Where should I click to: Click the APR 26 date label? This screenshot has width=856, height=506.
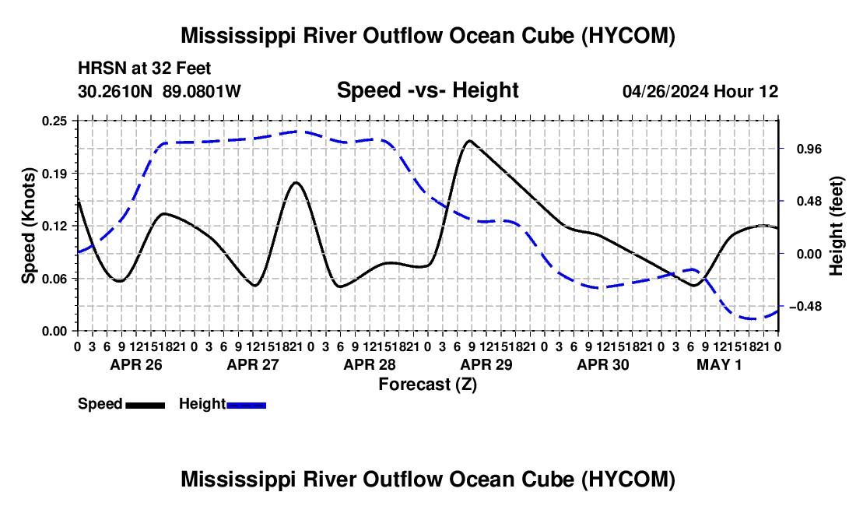(136, 364)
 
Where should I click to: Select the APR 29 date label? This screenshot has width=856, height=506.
(486, 364)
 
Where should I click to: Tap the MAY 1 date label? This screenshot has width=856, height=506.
(719, 364)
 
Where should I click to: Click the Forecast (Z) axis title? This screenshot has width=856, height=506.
(427, 385)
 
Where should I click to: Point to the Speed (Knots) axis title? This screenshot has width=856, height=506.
(28, 226)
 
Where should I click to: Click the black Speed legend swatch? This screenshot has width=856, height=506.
(146, 405)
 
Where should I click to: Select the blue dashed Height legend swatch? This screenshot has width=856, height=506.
(246, 405)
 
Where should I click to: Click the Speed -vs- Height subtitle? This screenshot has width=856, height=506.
(427, 90)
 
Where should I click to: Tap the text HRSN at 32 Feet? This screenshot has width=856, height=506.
(144, 69)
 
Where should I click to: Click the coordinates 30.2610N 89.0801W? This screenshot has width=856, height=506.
(159, 91)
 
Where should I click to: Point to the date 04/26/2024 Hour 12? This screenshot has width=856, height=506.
(700, 91)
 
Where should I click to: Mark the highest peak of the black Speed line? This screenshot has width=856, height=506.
(469, 140)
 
